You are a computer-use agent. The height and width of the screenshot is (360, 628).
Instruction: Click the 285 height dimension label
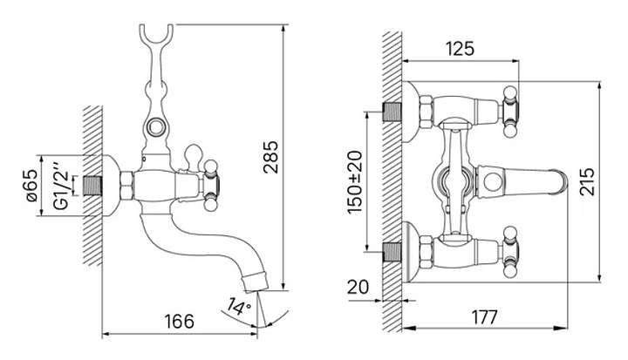(x=270, y=157)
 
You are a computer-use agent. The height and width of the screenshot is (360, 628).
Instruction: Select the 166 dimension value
(x=179, y=321)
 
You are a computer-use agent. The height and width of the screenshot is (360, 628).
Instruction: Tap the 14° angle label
(x=239, y=307)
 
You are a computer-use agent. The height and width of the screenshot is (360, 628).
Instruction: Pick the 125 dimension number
(x=460, y=49)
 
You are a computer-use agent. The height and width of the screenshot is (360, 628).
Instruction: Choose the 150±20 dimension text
(x=355, y=182)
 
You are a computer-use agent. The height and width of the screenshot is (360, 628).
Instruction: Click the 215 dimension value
(x=587, y=181)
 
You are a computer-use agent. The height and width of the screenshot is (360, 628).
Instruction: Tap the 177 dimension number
(x=484, y=317)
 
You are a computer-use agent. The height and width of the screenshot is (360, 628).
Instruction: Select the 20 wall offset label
(x=358, y=287)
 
